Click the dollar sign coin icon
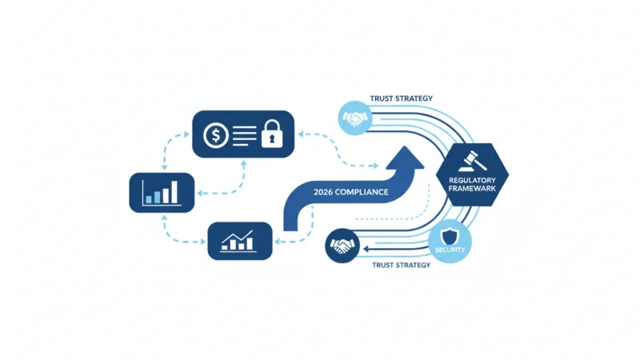[x=216, y=135]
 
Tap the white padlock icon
[x=272, y=134]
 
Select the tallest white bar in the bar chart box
[x=174, y=192]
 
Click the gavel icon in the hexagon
[x=473, y=162]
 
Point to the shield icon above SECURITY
[x=450, y=237]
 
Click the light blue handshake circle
[x=355, y=118]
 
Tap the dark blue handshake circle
[x=342, y=246]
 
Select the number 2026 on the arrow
[x=323, y=192]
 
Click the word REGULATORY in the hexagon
[x=472, y=181]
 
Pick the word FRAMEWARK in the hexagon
[x=472, y=189]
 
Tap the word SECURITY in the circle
[x=450, y=250]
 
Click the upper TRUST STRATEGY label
[x=402, y=98]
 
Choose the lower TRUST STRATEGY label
[x=402, y=266]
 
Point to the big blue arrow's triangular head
[x=405, y=158]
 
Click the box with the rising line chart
[x=240, y=242]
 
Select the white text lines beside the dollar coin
[x=245, y=135]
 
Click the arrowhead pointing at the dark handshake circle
[x=366, y=249]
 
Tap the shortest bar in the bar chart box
[x=149, y=199]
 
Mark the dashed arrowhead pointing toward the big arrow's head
[x=376, y=166]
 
